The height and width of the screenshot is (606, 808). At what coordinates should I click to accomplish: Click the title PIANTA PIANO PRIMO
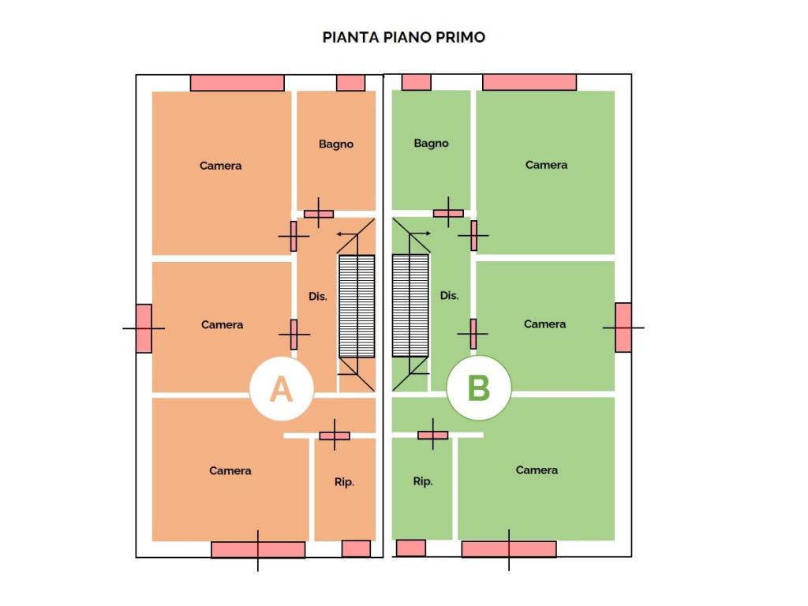(403, 37)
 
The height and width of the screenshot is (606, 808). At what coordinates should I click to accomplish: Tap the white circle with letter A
(282, 388)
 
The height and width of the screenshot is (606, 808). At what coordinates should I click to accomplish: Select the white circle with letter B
(479, 387)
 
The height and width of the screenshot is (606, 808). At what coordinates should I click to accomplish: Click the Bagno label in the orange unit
(336, 144)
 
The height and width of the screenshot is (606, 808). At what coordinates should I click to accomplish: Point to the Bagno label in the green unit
(432, 144)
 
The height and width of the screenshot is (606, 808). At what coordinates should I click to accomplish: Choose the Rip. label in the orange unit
(344, 482)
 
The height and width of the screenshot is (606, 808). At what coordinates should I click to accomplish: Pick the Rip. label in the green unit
(423, 481)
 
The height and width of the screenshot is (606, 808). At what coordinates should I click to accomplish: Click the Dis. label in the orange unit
(318, 297)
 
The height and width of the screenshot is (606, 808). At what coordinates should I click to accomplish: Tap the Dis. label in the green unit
(449, 295)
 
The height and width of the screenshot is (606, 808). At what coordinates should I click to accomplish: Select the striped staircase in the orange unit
(357, 306)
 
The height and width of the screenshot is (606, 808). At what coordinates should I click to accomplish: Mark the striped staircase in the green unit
(410, 305)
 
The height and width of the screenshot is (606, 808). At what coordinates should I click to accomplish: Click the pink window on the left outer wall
(144, 328)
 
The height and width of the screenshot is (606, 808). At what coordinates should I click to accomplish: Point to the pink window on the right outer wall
(623, 327)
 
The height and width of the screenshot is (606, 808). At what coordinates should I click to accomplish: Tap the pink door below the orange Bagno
(319, 213)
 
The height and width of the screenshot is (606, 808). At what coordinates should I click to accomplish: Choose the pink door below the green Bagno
(448, 213)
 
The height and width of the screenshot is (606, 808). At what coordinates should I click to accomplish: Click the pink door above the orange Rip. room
(335, 436)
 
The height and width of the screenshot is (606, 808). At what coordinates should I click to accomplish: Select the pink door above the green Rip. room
(433, 436)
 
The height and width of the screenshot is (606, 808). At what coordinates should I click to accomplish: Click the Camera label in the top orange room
(221, 166)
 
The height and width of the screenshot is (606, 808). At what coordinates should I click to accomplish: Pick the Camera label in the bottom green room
(537, 470)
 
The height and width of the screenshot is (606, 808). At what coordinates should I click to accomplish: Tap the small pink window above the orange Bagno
(351, 83)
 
